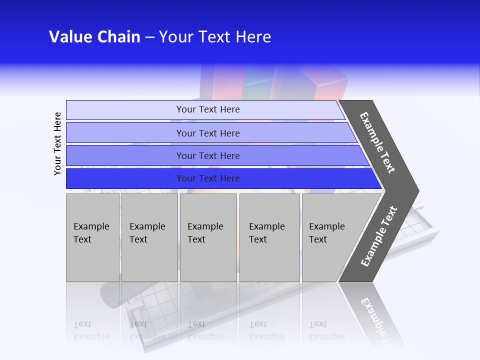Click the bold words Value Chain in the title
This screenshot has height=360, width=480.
tap(94, 37)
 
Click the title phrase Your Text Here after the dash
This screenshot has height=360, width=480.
tap(215, 37)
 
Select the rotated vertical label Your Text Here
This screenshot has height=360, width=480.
tap(57, 143)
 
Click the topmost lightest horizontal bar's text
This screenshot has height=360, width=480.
tap(208, 109)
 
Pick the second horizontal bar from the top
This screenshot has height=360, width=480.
tap(208, 133)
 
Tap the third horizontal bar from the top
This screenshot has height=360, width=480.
tap(208, 155)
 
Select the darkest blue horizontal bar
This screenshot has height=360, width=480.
tap(208, 178)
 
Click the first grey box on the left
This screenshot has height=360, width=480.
tap(92, 237)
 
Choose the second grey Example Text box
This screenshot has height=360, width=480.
tap(149, 237)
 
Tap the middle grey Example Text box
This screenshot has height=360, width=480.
tap(208, 237)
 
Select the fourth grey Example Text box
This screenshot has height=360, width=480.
tap(269, 237)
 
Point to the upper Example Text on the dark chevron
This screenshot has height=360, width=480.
tap(377, 142)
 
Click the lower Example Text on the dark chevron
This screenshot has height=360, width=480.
tap(379, 236)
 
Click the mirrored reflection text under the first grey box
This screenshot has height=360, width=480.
tap(91, 330)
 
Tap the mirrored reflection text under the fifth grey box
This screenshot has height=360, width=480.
tap(326, 330)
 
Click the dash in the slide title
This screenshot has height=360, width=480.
tap(149, 37)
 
